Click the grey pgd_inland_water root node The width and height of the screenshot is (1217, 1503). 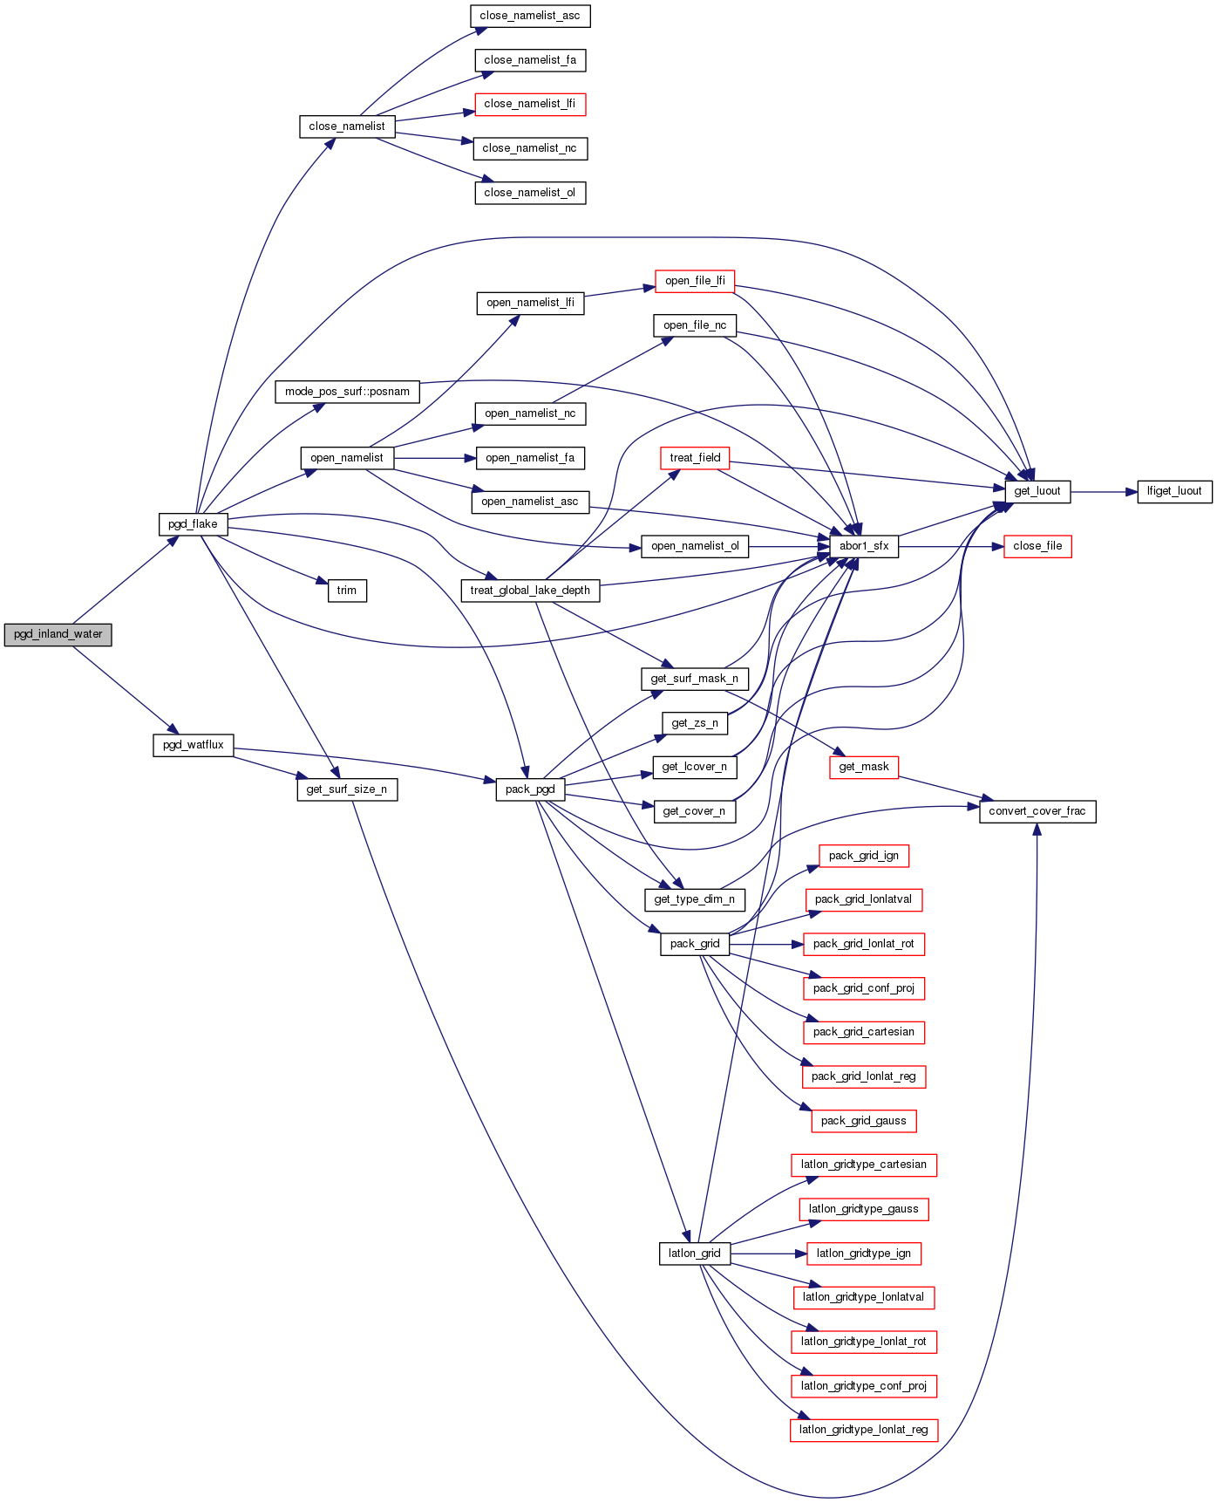[x=58, y=634]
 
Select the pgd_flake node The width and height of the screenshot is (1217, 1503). [x=193, y=524]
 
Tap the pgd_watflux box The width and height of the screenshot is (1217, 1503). [x=193, y=745]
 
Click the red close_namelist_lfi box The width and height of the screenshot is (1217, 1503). [x=529, y=104]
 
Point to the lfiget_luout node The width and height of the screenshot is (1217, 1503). [x=1174, y=491]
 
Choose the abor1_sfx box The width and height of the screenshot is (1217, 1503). [x=864, y=546]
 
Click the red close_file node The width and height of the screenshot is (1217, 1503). [x=1037, y=546]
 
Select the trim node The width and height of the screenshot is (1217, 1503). [x=347, y=591]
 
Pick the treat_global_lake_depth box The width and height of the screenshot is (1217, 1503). [x=530, y=591]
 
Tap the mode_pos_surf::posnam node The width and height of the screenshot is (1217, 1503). [x=347, y=392]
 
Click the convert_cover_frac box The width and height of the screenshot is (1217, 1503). [x=1037, y=811]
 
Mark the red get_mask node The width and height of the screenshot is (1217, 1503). [x=863, y=767]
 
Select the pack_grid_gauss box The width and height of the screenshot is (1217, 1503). [x=863, y=1121]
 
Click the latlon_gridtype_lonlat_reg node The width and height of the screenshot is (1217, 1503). [x=863, y=1430]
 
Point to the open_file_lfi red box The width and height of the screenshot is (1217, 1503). [x=695, y=281]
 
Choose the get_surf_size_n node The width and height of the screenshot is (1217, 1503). [x=347, y=789]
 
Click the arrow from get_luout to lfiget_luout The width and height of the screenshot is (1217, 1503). [x=1104, y=492]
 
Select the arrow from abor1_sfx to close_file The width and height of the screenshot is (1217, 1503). [x=950, y=547]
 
